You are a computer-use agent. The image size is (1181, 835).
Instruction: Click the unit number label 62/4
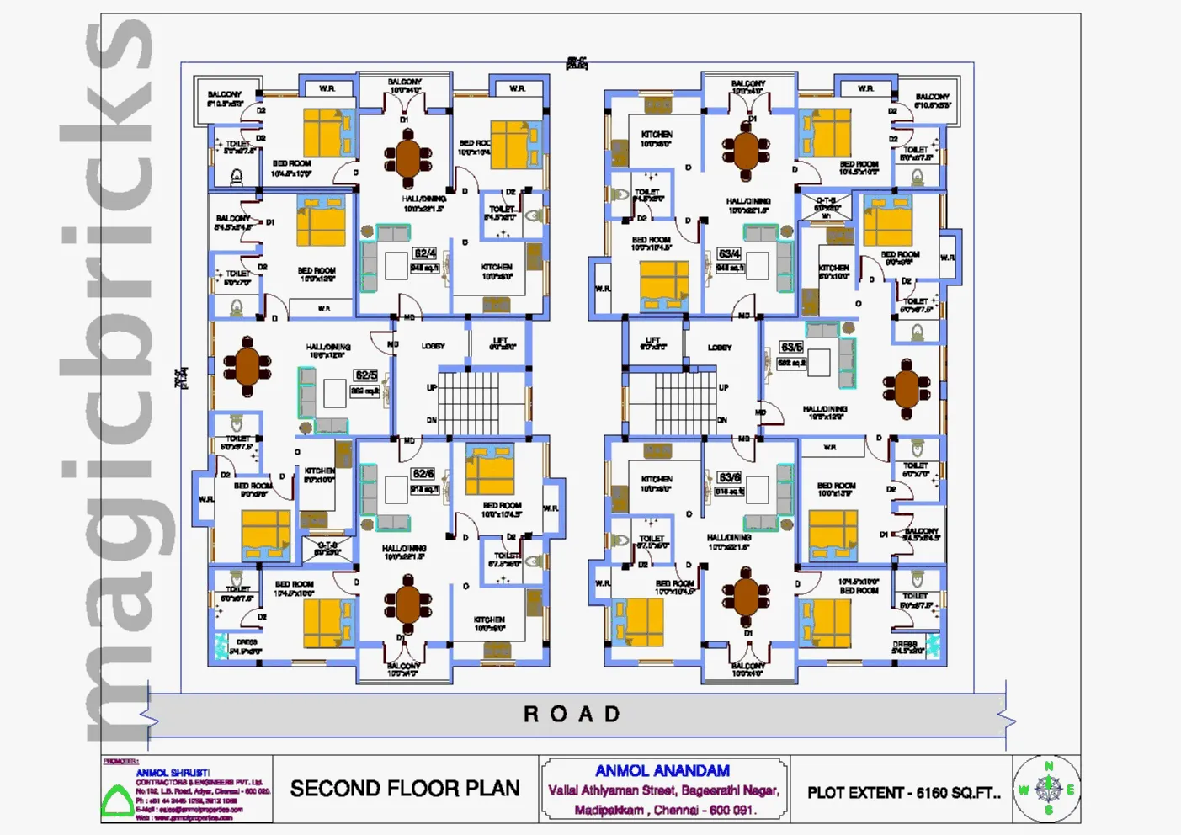[x=424, y=253]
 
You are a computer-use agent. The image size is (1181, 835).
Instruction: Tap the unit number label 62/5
[x=366, y=375]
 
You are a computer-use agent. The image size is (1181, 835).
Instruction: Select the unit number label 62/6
[x=423, y=474]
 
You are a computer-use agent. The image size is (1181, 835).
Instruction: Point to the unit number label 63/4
[x=729, y=253]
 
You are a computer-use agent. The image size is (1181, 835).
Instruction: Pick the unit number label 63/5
[x=791, y=347]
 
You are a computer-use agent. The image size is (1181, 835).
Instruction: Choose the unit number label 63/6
[x=729, y=477]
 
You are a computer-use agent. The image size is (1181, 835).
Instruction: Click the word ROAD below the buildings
[x=572, y=715]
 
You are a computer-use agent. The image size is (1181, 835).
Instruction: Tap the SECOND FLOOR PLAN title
[x=405, y=789]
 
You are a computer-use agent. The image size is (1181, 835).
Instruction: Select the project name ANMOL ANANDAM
[x=662, y=771]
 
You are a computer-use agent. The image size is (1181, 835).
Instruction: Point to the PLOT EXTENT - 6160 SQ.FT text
[x=903, y=793]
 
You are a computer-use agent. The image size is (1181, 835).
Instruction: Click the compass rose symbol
[x=1048, y=789]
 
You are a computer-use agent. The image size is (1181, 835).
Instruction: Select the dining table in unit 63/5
[x=907, y=388]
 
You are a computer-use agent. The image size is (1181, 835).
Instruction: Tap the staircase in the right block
[x=674, y=402]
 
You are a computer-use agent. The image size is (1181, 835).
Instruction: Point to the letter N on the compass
[x=1049, y=767]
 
